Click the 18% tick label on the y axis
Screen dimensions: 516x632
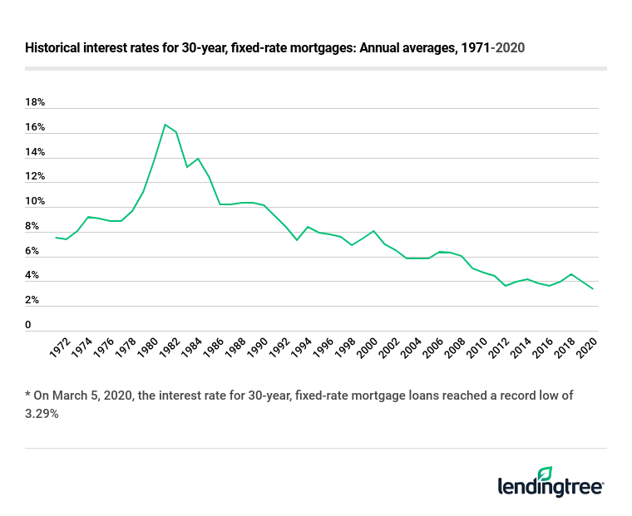(35, 103)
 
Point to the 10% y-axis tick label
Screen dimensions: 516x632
(35, 202)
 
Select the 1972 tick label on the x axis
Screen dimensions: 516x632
(59, 346)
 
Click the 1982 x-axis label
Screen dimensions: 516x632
(165, 346)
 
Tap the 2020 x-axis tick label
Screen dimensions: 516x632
(587, 346)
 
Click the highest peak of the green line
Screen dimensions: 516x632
(165, 125)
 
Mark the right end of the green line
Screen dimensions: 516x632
(593, 289)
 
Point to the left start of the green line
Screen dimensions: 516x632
(56, 238)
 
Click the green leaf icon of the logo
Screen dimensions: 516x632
(545, 473)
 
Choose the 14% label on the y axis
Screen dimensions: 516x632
(35, 152)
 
